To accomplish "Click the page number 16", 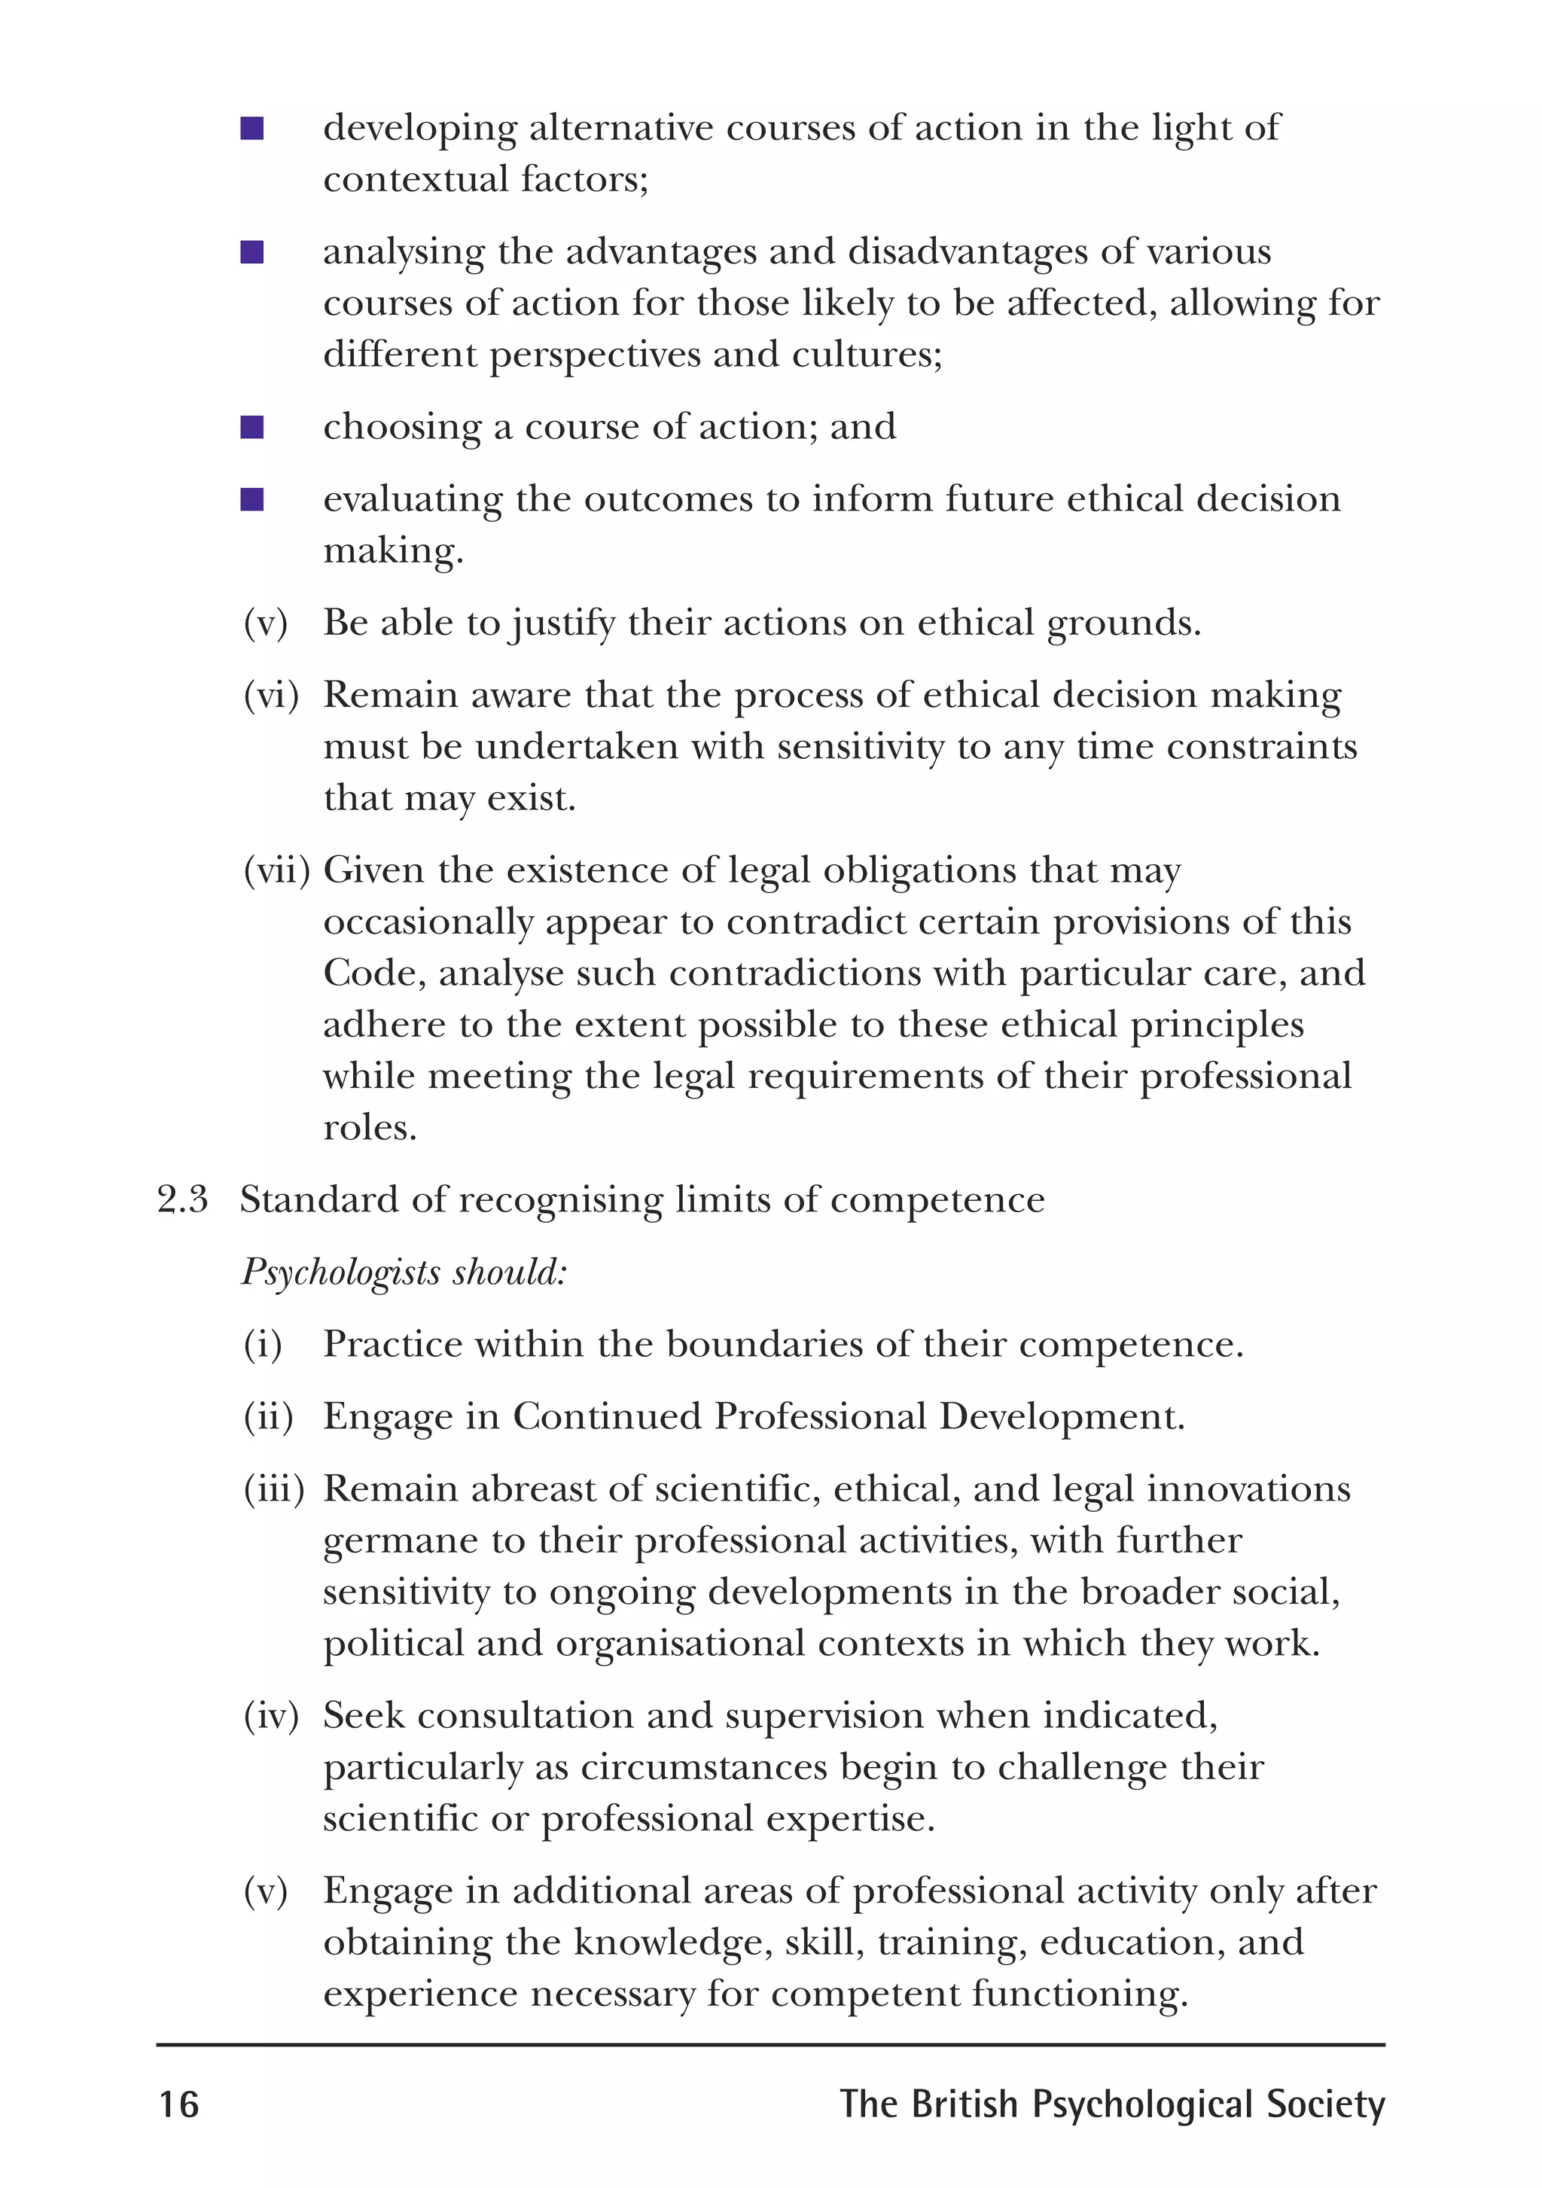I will pos(178,2104).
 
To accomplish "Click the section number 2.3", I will pos(182,1199).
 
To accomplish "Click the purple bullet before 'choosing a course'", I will pos(251,427).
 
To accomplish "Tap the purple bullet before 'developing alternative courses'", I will pos(251,129).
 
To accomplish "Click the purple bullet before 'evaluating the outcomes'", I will pos(251,499).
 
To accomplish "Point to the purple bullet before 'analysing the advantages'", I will pos(251,252).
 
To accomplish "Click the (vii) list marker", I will pos(276,870).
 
